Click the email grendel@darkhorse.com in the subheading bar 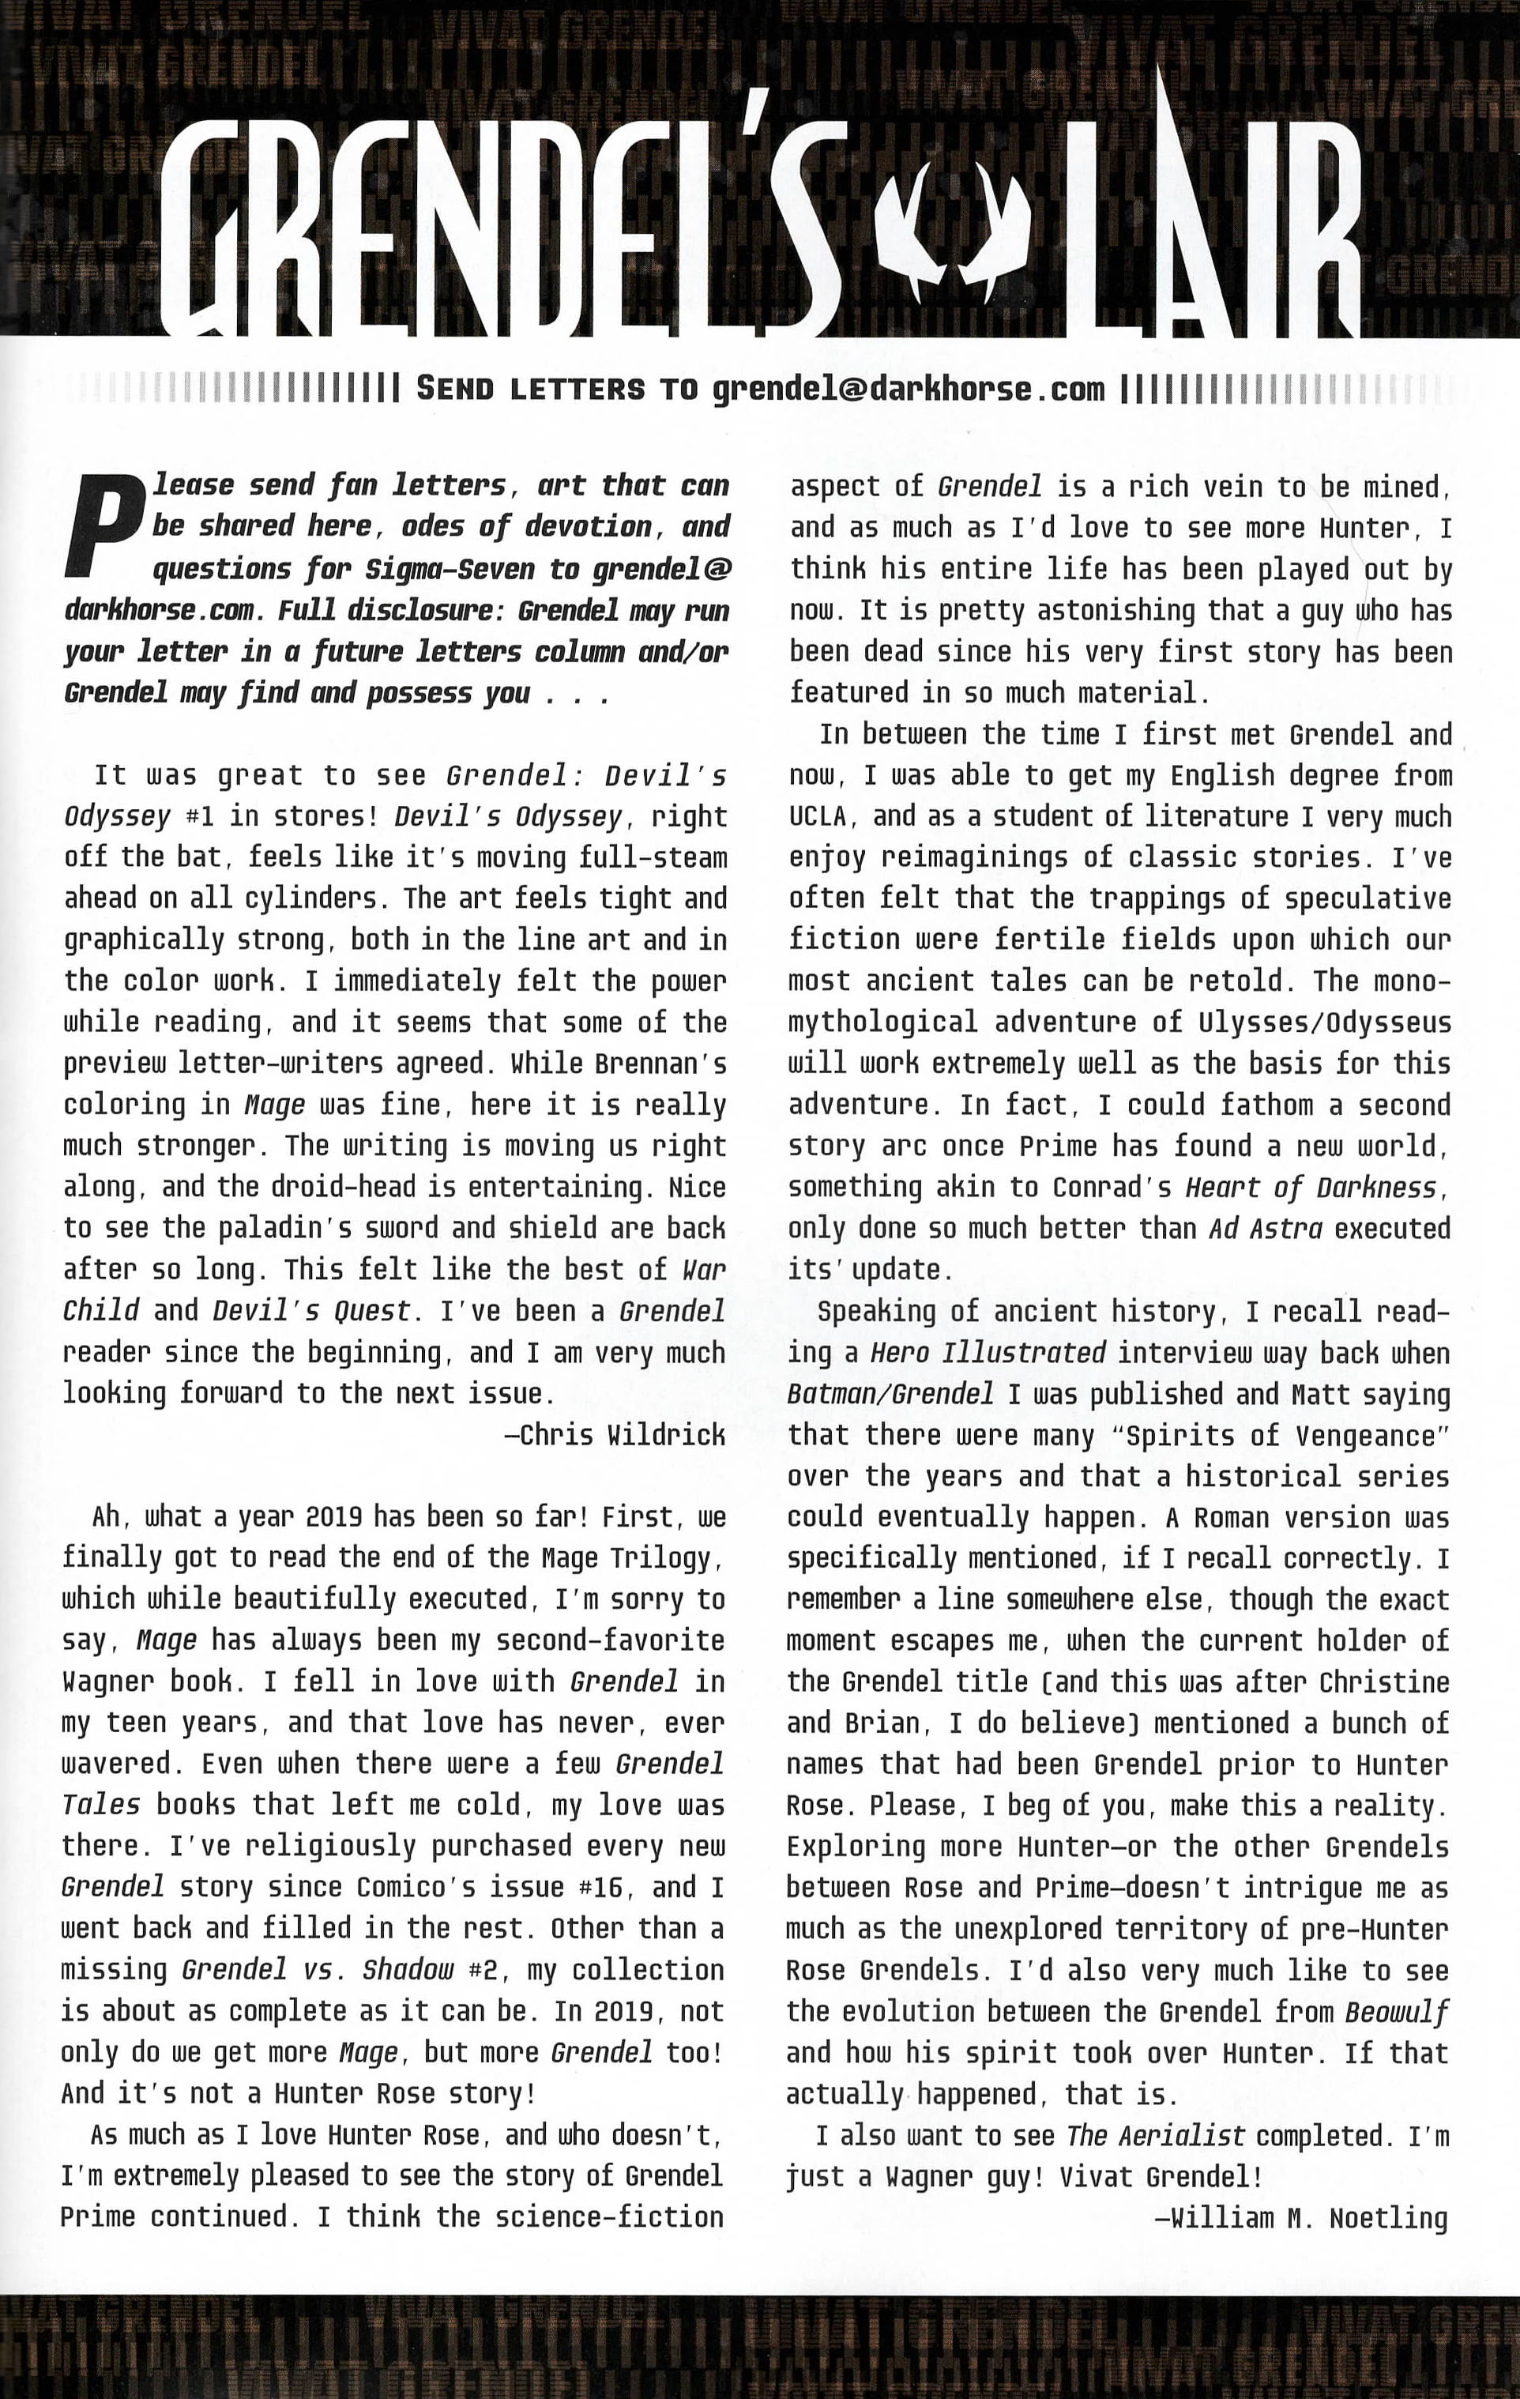click(x=909, y=389)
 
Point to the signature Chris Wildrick click(x=615, y=1435)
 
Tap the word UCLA click(x=817, y=817)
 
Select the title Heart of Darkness click(x=1310, y=1188)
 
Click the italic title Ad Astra click(x=1265, y=1229)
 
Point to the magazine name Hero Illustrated click(x=987, y=1353)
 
